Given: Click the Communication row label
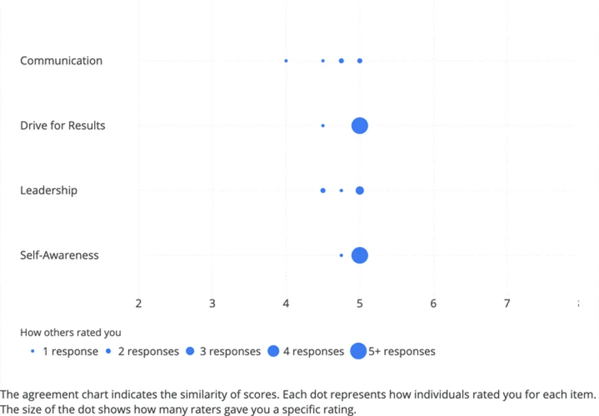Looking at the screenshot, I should pyautogui.click(x=61, y=61).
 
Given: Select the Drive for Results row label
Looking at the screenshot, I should pyautogui.click(x=62, y=125).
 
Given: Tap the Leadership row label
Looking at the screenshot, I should pyautogui.click(x=49, y=190).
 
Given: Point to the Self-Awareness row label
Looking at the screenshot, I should pyautogui.click(x=59, y=255).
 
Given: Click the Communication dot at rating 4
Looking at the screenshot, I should pyautogui.click(x=286, y=61).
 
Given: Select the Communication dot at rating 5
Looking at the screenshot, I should pyautogui.click(x=360, y=61).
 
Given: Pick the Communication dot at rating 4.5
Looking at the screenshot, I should pyautogui.click(x=323, y=61).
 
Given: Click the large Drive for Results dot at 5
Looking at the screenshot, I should pyautogui.click(x=360, y=125).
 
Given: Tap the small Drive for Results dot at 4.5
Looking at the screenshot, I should pyautogui.click(x=323, y=125).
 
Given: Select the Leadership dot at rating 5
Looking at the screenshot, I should pyautogui.click(x=360, y=190).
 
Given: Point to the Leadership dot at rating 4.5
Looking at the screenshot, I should pyautogui.click(x=323, y=190).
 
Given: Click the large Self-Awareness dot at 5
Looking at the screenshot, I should pyautogui.click(x=360, y=255).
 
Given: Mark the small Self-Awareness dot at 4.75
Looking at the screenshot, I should pyautogui.click(x=341, y=255).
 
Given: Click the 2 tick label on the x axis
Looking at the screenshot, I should pyautogui.click(x=138, y=303).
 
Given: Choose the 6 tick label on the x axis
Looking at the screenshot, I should pyautogui.click(x=433, y=303).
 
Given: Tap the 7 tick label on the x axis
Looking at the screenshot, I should pyautogui.click(x=507, y=303).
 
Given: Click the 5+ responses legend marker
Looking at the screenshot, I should pyautogui.click(x=358, y=351).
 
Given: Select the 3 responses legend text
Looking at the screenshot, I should pyautogui.click(x=230, y=351).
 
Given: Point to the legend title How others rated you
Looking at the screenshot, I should pyautogui.click(x=70, y=332).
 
